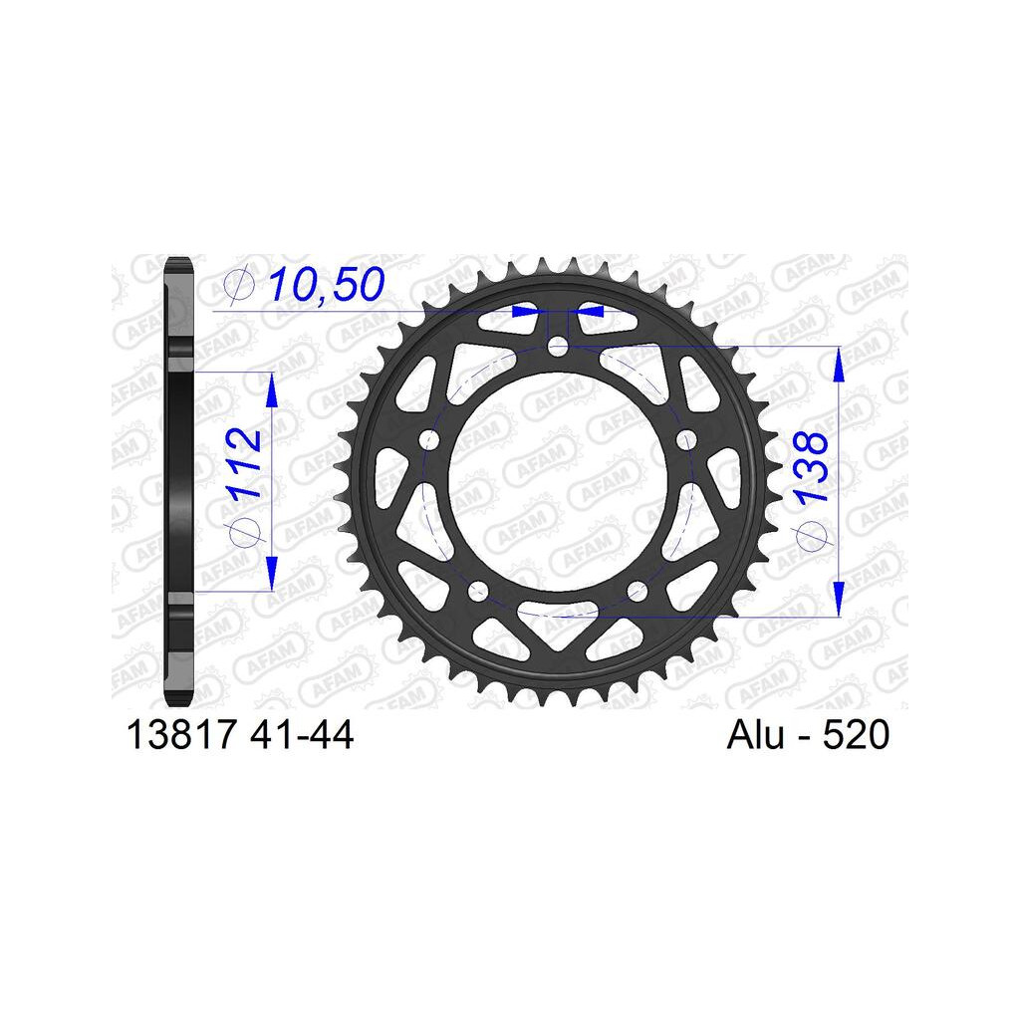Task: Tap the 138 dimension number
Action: (812, 466)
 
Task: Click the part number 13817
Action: (181, 735)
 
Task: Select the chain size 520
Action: (856, 735)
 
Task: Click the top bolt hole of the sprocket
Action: (558, 347)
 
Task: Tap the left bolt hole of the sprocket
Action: (429, 440)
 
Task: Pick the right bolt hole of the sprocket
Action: (685, 440)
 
